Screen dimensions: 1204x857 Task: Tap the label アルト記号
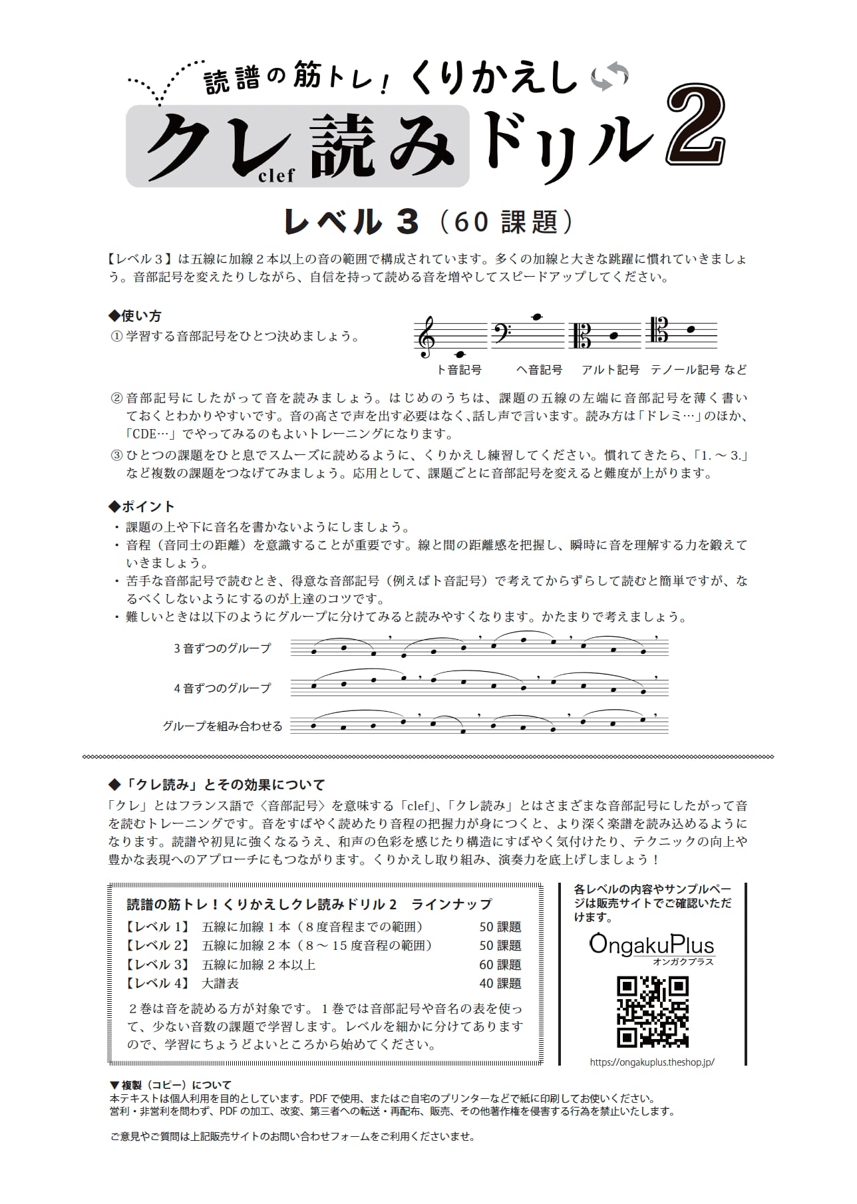point(610,370)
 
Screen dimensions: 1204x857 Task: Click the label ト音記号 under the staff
point(458,370)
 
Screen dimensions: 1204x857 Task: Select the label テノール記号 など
point(699,370)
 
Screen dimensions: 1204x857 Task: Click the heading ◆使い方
point(134,316)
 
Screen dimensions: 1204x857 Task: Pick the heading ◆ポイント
point(141,507)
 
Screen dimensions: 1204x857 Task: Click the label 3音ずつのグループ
point(222,648)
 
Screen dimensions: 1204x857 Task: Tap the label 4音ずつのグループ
point(222,688)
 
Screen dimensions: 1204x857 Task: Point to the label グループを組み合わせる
point(222,726)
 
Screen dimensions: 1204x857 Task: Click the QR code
point(652,1012)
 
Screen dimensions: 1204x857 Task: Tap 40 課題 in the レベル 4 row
point(500,983)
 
